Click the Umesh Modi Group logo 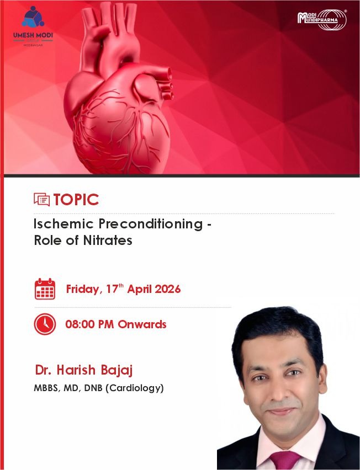pyautogui.click(x=33, y=26)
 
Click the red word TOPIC pyautogui.click(x=76, y=200)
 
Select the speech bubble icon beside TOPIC pyautogui.click(x=42, y=200)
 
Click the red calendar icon pyautogui.click(x=45, y=289)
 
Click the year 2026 pyautogui.click(x=167, y=289)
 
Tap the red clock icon pyautogui.click(x=45, y=324)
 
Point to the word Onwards pyautogui.click(x=142, y=324)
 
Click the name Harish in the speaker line pyautogui.click(x=76, y=370)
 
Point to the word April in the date pyautogui.click(x=140, y=289)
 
